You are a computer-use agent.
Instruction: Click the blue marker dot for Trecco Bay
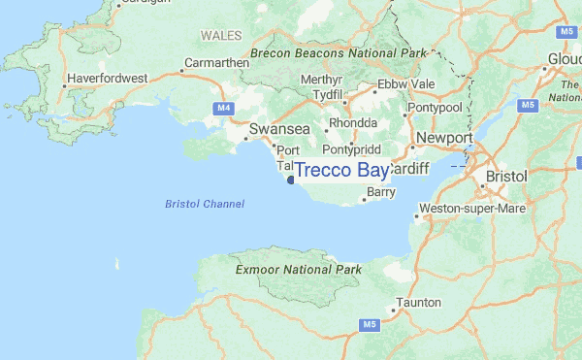click(290, 179)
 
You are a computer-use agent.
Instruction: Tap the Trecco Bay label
click(341, 171)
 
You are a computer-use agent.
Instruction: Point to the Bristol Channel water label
click(205, 204)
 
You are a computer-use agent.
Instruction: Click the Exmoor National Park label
click(299, 269)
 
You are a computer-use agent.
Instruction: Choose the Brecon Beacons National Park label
click(339, 52)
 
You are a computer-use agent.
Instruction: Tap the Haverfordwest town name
click(106, 78)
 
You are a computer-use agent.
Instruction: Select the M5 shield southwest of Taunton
click(370, 324)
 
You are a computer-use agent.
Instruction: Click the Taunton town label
click(419, 303)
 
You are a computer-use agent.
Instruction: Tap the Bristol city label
click(507, 178)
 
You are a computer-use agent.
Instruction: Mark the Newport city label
click(443, 138)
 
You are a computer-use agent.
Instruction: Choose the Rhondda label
click(353, 124)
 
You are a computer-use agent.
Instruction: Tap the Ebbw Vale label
click(406, 84)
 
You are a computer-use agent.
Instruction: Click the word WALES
click(221, 35)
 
